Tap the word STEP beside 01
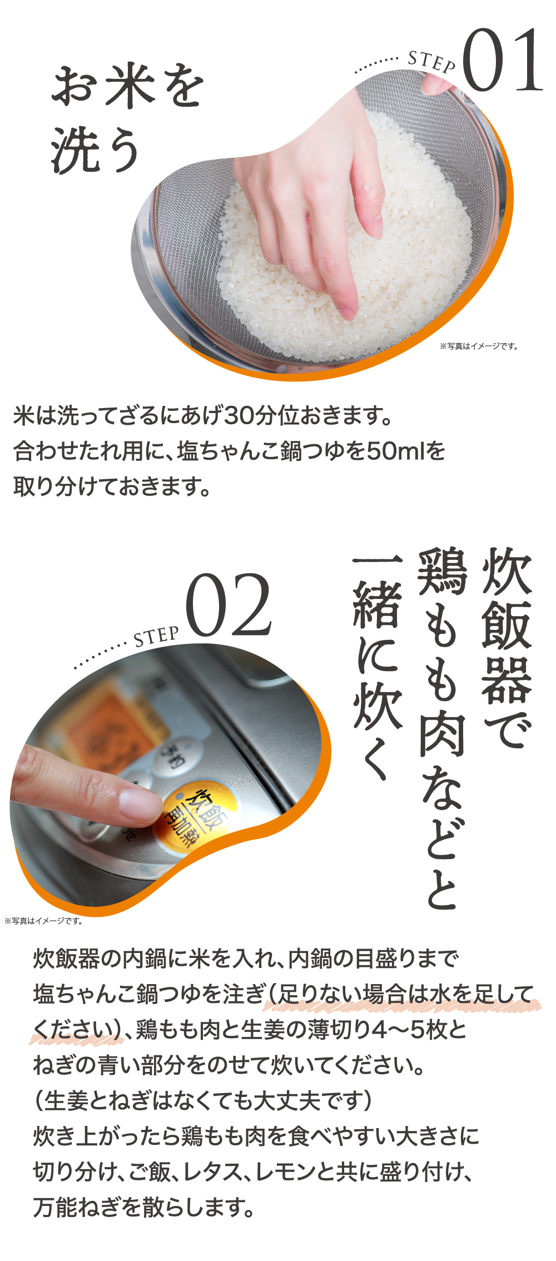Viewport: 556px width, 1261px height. [432, 62]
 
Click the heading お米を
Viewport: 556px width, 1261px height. [127, 86]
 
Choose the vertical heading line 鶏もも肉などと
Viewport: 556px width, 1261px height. [442, 728]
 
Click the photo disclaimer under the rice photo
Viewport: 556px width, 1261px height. [479, 346]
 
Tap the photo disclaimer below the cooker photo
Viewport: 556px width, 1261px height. [44, 921]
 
